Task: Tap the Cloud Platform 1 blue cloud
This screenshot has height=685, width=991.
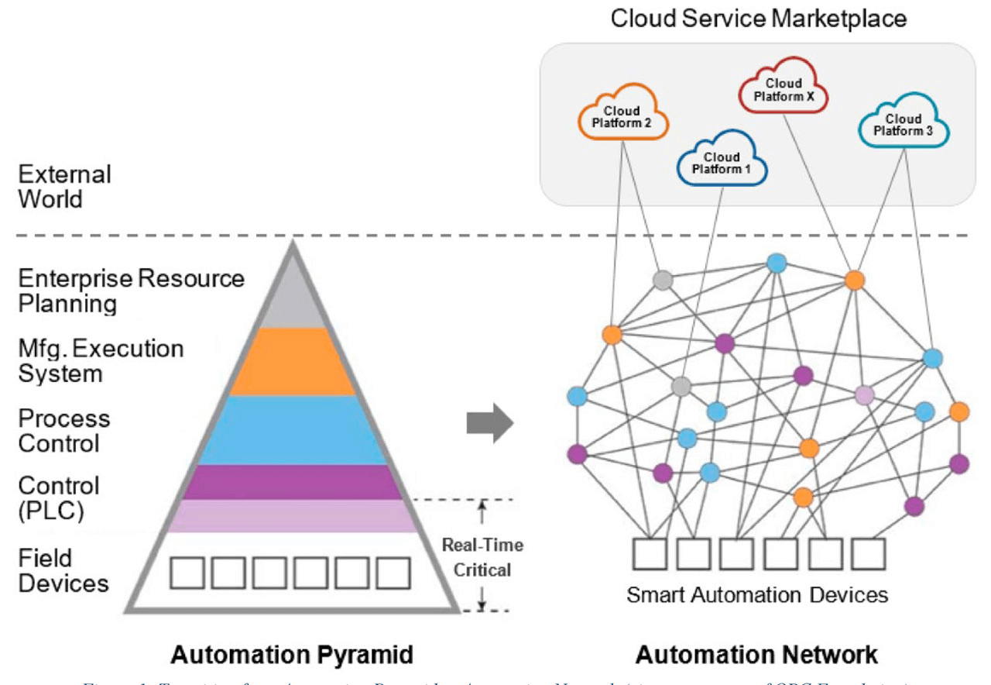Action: tap(722, 162)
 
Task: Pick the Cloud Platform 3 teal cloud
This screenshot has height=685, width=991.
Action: tap(904, 125)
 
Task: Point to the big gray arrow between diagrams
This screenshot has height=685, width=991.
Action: tap(490, 423)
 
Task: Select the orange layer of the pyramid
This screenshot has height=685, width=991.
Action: tap(293, 361)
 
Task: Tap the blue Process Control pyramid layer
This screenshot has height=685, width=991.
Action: tap(293, 430)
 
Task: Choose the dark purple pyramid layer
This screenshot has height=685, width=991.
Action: tap(293, 482)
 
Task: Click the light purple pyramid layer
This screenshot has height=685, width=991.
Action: tap(293, 516)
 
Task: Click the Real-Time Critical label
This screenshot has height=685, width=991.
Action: tap(482, 557)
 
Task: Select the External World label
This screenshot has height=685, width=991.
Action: tap(65, 186)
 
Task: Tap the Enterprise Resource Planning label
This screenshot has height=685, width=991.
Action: tap(130, 291)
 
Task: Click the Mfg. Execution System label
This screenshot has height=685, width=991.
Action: tap(101, 360)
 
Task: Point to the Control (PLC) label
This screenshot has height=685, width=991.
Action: tap(59, 498)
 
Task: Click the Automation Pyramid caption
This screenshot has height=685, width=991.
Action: tap(292, 655)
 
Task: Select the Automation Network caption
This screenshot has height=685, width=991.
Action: tap(756, 655)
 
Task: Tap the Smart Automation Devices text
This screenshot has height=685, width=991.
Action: tap(756, 595)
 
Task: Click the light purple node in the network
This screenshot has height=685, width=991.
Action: tap(865, 396)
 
